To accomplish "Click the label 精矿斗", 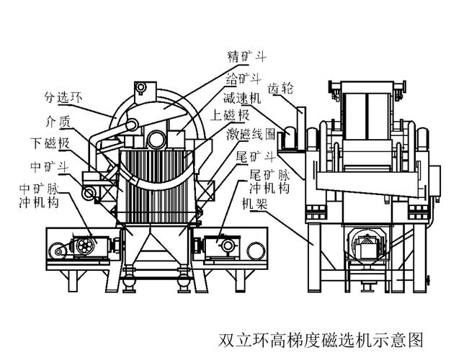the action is pos(247,57).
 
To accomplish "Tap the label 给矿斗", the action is pos(244,78).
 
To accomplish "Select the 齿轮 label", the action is pos(280,89).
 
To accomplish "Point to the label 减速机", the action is pos(242,99).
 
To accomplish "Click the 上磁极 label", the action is pos(230,115).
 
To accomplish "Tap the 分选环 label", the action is pos(63,97).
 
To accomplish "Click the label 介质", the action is pos(58,122).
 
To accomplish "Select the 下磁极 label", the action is pos(50,143).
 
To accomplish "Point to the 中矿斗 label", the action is pos(50,166).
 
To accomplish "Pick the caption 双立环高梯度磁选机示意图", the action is pos(321,340).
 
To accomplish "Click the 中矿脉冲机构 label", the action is pos(39,196).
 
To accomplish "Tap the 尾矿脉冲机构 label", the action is pos(269,181).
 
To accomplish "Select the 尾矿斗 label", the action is pos(256,157).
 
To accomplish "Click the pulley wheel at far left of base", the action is pos(58,252).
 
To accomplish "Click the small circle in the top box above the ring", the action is pos(141,87).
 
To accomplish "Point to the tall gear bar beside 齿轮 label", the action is pos(301,129).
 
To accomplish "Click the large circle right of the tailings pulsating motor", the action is pos(256,251).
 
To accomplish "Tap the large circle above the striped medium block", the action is pos(156,139).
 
